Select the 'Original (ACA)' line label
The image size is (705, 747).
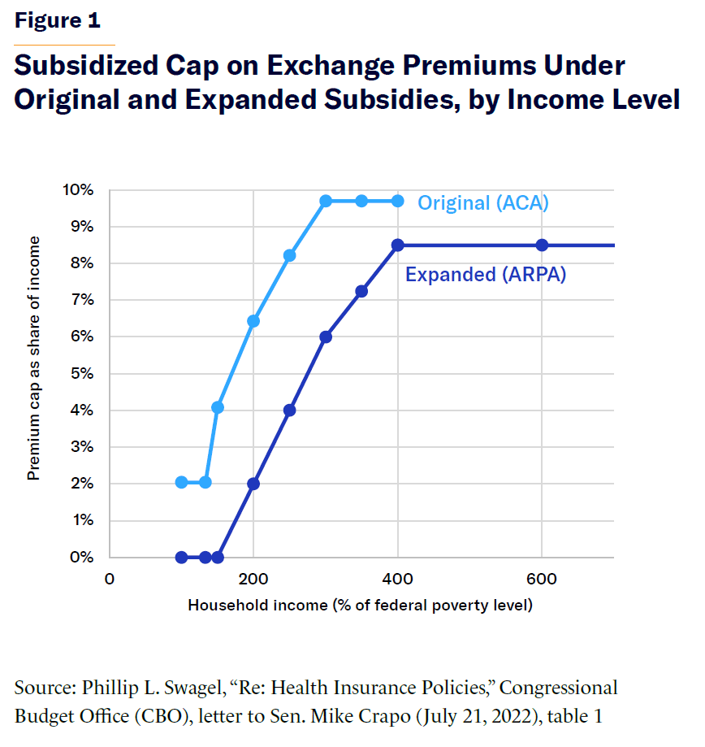483,202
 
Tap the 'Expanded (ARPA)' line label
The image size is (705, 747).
486,275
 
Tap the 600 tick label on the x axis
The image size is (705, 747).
542,580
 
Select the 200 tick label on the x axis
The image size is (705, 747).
253,580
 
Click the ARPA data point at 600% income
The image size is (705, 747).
542,245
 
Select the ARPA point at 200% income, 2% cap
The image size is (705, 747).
253,484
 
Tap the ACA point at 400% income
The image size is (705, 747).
397,201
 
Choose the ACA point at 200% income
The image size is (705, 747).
253,321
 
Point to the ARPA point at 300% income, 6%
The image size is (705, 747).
326,337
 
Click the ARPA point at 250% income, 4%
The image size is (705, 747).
289,410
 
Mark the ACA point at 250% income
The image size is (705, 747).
289,255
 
